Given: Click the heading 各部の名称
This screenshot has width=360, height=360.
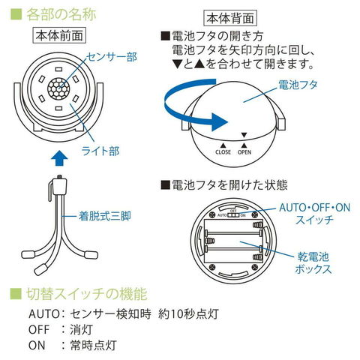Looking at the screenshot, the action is [61, 14].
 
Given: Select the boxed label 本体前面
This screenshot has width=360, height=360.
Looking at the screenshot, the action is [59, 36].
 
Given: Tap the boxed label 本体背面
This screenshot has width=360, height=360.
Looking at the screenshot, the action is [230, 18].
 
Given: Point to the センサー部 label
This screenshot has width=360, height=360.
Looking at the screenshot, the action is [112, 57].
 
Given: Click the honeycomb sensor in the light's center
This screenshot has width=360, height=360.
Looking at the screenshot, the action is [58, 88].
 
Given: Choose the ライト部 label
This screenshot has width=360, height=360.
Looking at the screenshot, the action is [100, 151].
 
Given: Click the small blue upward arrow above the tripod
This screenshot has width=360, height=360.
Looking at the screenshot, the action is [59, 157].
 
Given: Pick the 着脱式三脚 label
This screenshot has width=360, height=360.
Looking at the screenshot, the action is [105, 216].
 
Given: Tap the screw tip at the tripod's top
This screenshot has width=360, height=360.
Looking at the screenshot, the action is [59, 176].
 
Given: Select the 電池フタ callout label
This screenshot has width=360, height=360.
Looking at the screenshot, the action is [298, 85].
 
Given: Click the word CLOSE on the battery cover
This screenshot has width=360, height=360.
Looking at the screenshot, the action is [223, 151].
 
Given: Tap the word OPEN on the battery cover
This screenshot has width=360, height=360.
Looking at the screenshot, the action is [244, 151].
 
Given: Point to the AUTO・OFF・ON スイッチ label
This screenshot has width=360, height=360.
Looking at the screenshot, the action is [315, 214].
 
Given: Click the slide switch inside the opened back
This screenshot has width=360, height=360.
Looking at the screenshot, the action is [233, 215].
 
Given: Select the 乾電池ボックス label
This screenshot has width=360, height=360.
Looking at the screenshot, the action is [313, 263].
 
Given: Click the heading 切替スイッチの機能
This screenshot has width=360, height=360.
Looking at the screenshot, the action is [86, 294].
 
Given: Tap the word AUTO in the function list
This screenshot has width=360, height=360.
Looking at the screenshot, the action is [43, 314].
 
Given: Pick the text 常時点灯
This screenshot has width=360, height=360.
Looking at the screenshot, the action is [93, 345].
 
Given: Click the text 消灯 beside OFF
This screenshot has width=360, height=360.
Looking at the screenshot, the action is [81, 329].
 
